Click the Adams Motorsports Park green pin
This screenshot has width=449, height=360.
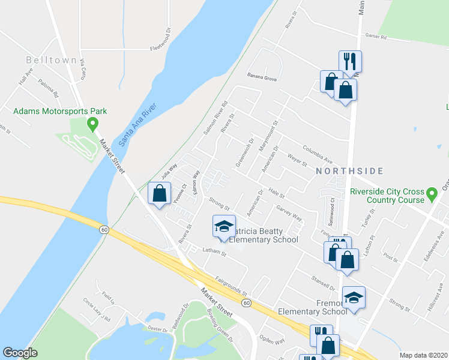[92, 124]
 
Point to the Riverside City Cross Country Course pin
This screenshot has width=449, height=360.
[432, 194]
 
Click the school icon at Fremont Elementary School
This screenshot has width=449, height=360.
[354, 298]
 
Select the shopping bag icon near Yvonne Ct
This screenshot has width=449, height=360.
[159, 193]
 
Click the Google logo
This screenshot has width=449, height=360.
[20, 353]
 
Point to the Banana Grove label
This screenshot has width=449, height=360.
[262, 78]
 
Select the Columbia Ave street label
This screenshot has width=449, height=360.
[318, 155]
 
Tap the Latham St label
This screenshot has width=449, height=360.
[214, 253]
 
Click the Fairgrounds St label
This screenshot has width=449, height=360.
[231, 284]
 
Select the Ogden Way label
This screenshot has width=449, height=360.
[271, 341]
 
